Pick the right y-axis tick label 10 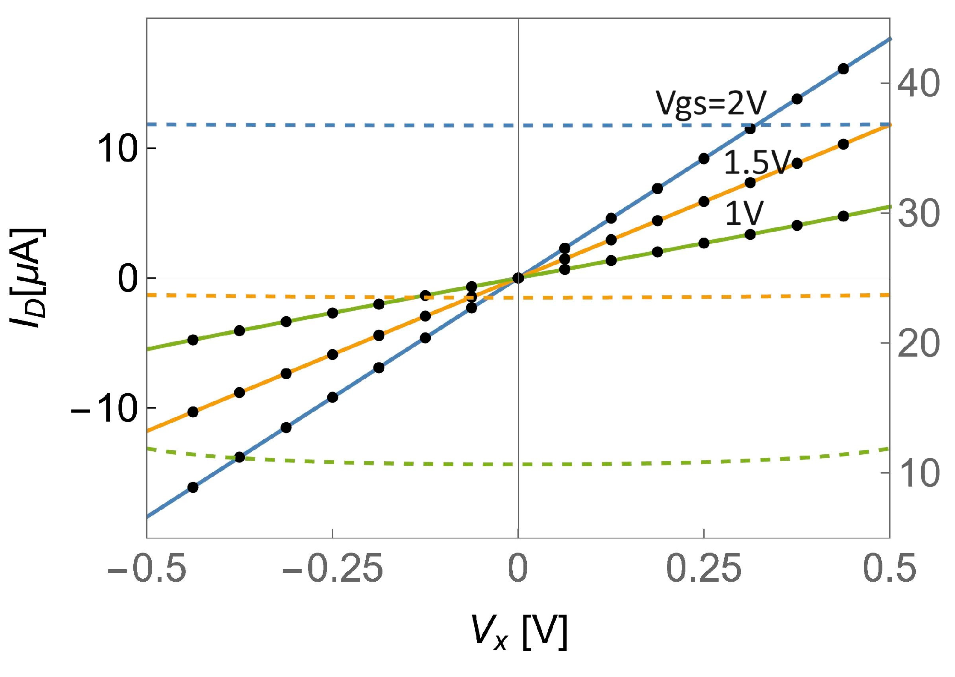pyautogui.click(x=919, y=474)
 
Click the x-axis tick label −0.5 pyautogui.click(x=147, y=569)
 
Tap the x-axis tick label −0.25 pyautogui.click(x=332, y=569)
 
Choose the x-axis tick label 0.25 pyautogui.click(x=704, y=569)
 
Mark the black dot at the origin pyautogui.click(x=518, y=278)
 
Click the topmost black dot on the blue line pyautogui.click(x=843, y=69)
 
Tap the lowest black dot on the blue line pyautogui.click(x=193, y=487)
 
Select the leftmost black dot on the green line pyautogui.click(x=193, y=340)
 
